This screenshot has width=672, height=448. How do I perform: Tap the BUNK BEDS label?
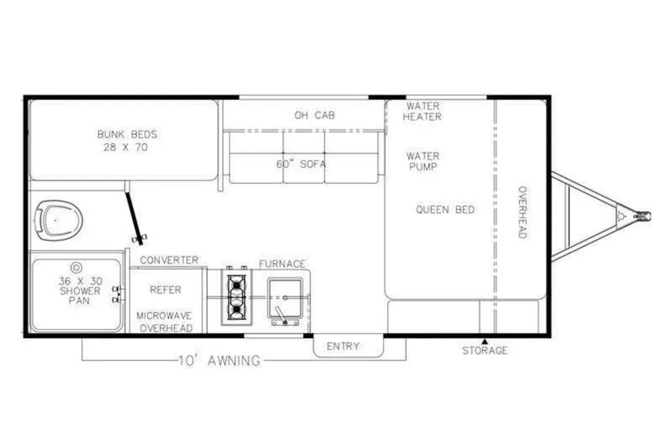coord(127,134)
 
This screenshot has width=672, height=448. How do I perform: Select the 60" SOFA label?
coord(301,164)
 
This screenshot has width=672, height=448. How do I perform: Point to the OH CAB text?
coord(314,115)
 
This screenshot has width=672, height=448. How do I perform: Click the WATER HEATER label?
coord(423,111)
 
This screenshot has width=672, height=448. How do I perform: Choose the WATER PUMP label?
coord(423,161)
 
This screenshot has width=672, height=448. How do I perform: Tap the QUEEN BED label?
coord(445,209)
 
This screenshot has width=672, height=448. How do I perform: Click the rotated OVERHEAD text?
coord(522,212)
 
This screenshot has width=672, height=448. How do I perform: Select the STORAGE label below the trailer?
coord(484,351)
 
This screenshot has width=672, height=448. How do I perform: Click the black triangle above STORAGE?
coord(484,342)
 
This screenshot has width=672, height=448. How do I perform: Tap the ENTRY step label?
coord(343,346)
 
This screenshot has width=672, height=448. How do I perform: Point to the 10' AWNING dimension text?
coord(219,360)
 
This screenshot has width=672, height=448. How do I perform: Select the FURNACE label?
coord(282,264)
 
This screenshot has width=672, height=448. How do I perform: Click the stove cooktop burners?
coord(236,297)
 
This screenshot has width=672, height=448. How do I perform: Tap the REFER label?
coord(166,290)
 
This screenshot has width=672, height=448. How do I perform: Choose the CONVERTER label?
coord(169,260)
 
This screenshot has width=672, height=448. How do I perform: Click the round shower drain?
coord(76,268)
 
